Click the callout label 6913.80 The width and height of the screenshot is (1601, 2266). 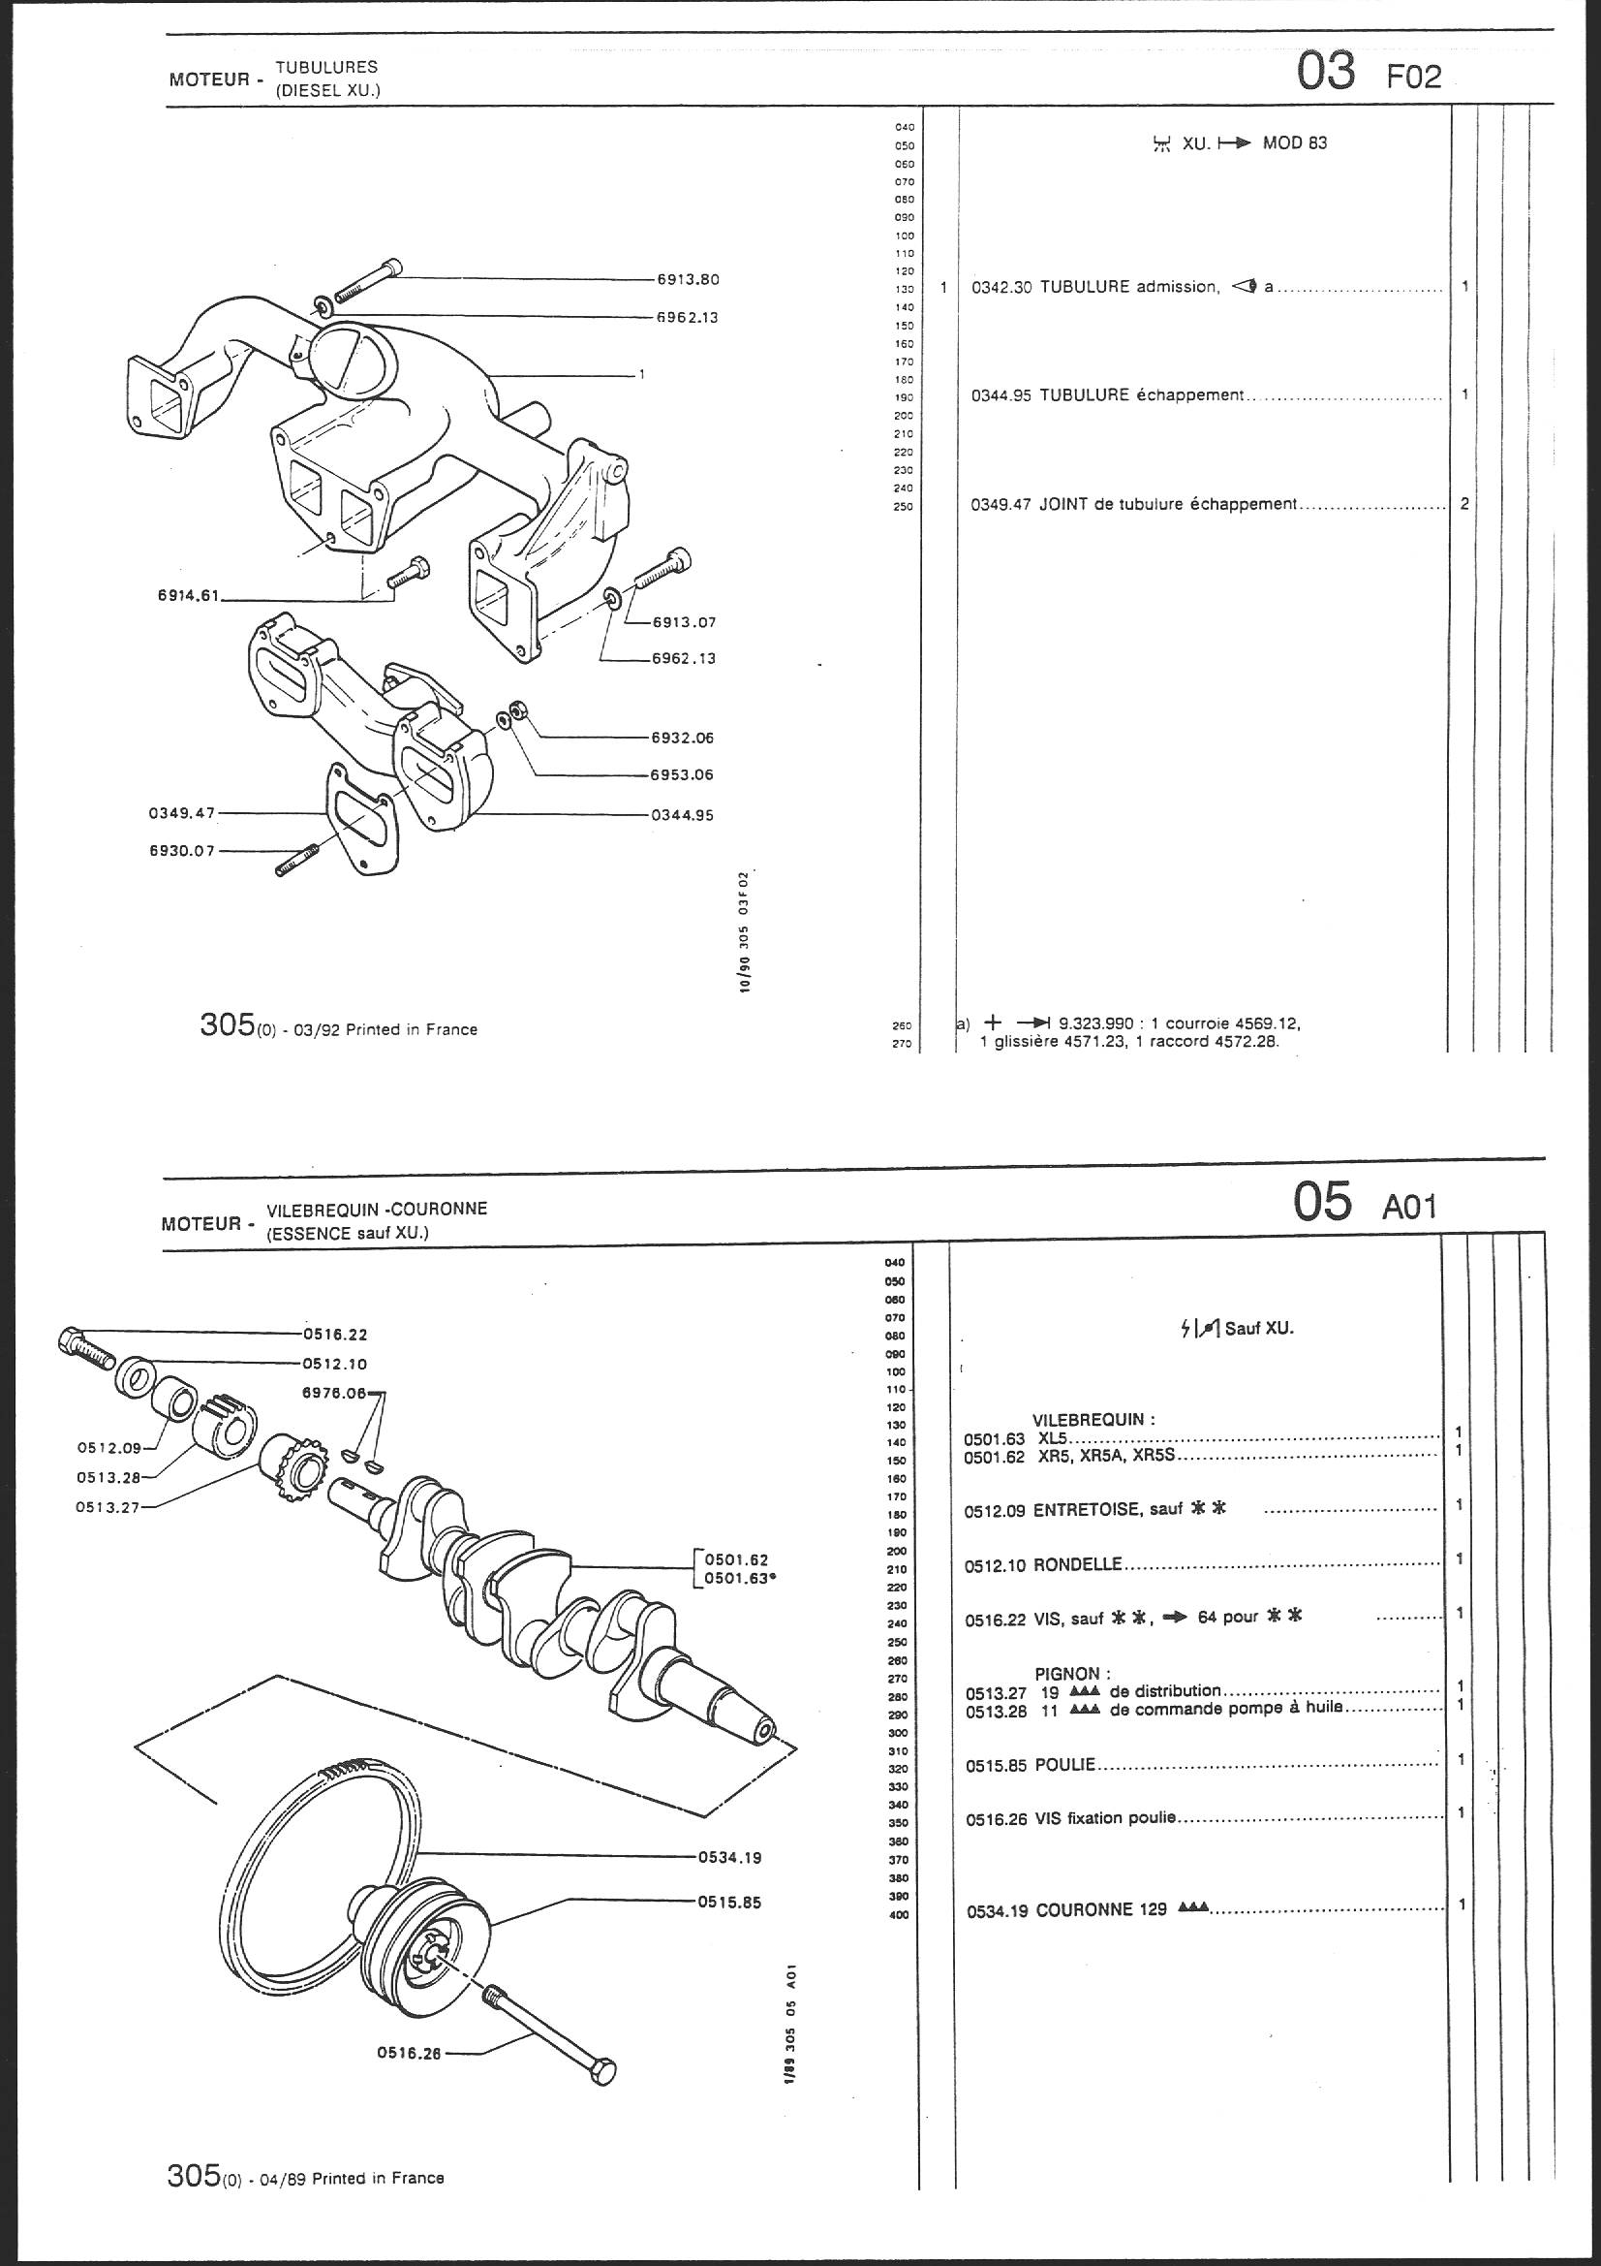pyautogui.click(x=689, y=279)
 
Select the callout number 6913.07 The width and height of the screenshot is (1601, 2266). pyautogui.click(x=684, y=623)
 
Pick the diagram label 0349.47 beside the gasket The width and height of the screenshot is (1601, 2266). pyautogui.click(x=174, y=812)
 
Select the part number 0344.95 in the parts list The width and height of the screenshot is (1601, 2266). pyautogui.click(x=1001, y=394)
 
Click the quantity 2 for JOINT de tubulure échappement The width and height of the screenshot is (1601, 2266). pyautogui.click(x=1464, y=503)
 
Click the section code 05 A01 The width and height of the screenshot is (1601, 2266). pyautogui.click(x=1365, y=1203)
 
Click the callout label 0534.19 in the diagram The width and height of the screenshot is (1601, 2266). pyautogui.click(x=730, y=1856)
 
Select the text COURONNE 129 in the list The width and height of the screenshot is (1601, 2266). pyautogui.click(x=1100, y=1909)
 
